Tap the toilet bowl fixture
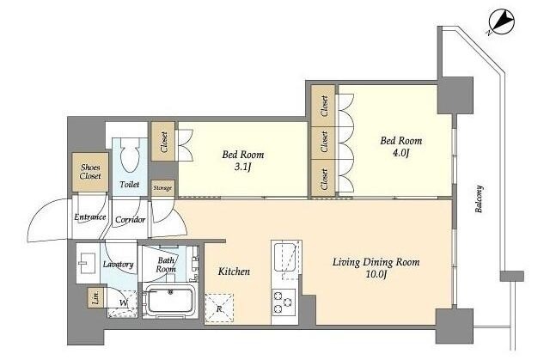pyautogui.click(x=130, y=155)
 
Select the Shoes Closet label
pyautogui.click(x=90, y=172)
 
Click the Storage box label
pyautogui.click(x=162, y=188)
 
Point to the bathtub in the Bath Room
pyautogui.click(x=170, y=301)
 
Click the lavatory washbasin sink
pyautogui.click(x=86, y=263)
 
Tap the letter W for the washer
pyautogui.click(x=123, y=302)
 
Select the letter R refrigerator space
pyautogui.click(x=219, y=309)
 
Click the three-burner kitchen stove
pyautogui.click(x=284, y=302)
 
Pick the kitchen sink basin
pyautogui.click(x=286, y=257)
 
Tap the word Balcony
pyautogui.click(x=479, y=199)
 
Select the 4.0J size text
pyautogui.click(x=400, y=153)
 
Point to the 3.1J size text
pyautogui.click(x=242, y=168)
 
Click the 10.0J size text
pyautogui.click(x=376, y=274)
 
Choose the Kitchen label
pyautogui.click(x=234, y=272)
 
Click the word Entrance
pyautogui.click(x=89, y=217)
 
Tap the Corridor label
pyautogui.click(x=130, y=220)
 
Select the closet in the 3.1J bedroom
pyautogui.click(x=163, y=141)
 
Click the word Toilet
pyautogui.click(x=130, y=184)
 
